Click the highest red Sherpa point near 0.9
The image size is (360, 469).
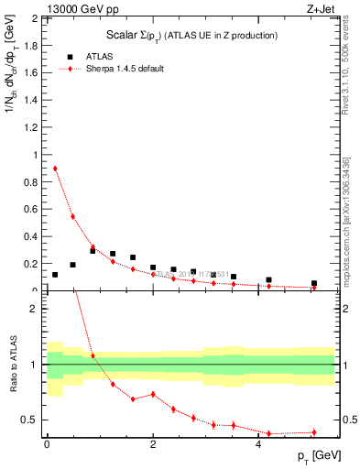pyautogui.click(x=55, y=169)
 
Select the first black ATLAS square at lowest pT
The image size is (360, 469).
pyautogui.click(x=55, y=275)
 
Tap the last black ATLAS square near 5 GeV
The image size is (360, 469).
pyautogui.click(x=313, y=284)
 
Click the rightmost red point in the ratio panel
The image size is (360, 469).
pyautogui.click(x=313, y=432)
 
